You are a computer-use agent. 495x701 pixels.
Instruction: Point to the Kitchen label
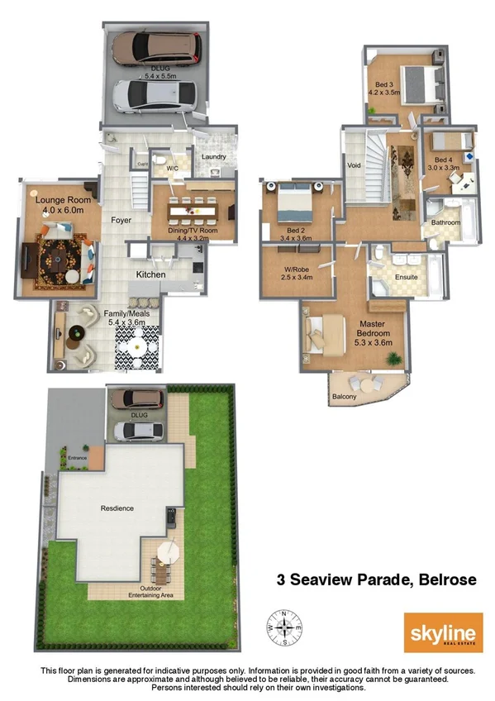click(150, 274)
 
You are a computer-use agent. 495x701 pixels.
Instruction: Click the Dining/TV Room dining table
click(192, 212)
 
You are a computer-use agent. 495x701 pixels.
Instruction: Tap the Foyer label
click(123, 221)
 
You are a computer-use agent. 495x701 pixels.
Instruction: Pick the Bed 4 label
click(444, 165)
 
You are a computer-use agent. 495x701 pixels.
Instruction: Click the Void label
click(354, 165)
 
